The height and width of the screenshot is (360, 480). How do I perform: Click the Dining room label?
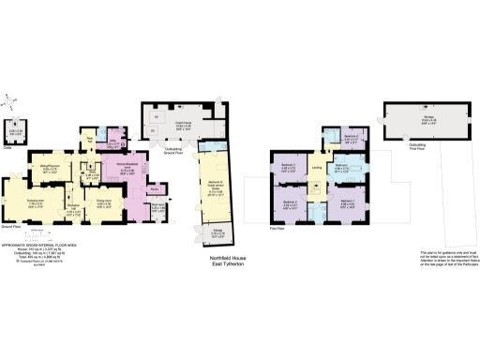[x=104, y=200]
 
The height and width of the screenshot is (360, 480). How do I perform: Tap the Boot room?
[x=157, y=209]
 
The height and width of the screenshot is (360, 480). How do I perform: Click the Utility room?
[x=113, y=143]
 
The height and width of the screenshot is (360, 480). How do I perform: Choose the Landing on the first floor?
[x=317, y=169]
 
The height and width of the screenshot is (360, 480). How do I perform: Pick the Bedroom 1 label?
[x=347, y=202]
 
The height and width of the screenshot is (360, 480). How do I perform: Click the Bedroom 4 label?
[x=352, y=138]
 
